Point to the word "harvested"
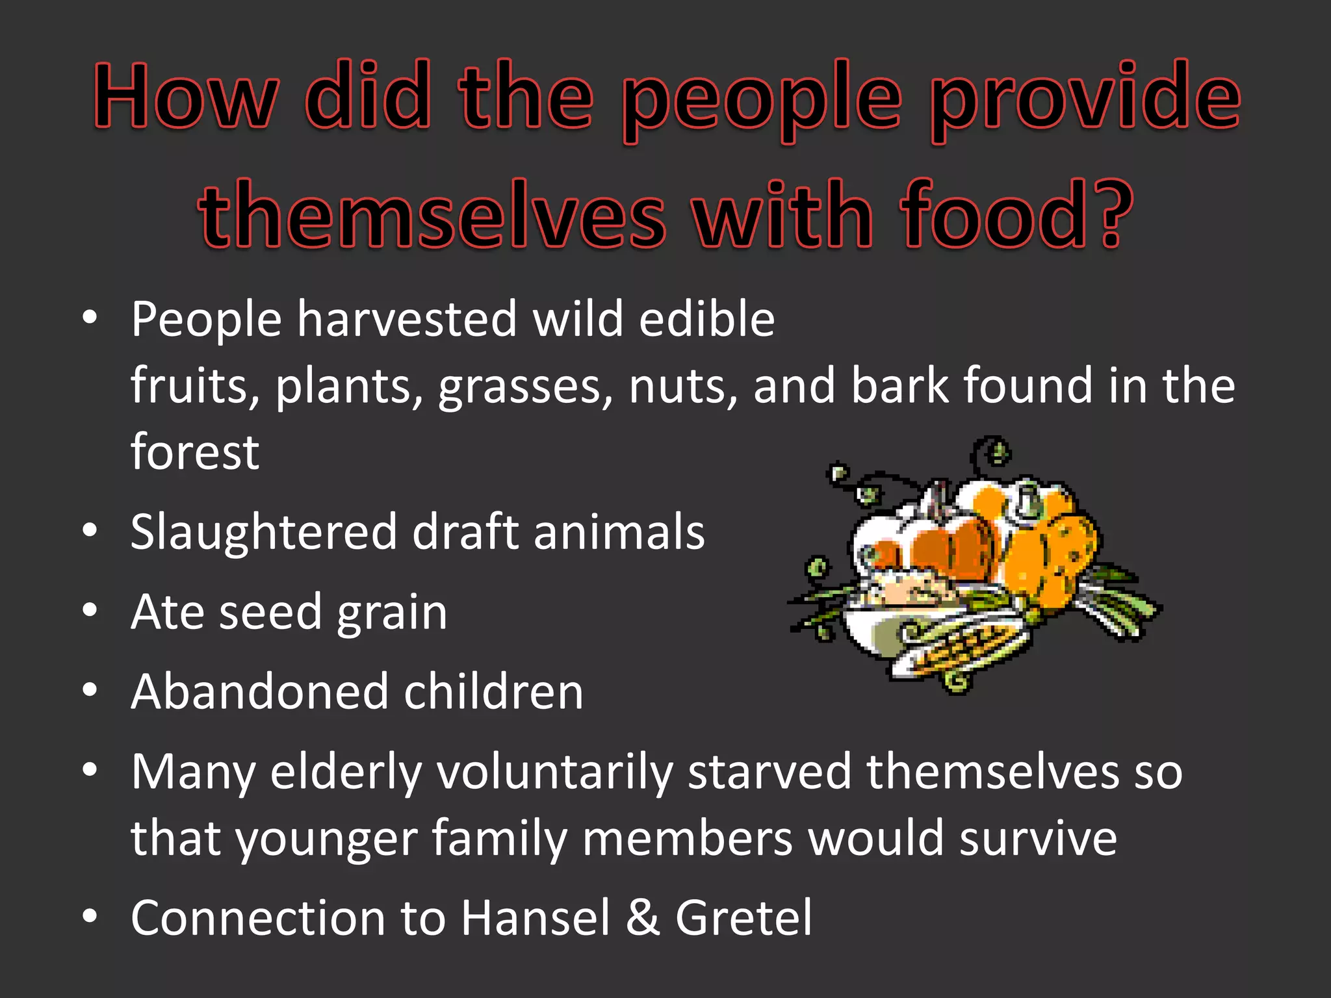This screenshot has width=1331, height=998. pos(407,319)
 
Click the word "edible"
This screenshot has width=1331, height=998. pos(706,319)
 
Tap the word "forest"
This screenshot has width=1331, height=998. pos(195,452)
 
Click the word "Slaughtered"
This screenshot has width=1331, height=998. pos(263,531)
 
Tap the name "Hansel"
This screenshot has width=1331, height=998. pos(536,917)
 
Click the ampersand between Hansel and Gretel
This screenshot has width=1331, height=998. pos(643,917)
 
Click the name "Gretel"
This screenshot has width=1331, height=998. pos(743,917)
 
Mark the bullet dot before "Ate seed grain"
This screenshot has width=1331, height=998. pos(90,610)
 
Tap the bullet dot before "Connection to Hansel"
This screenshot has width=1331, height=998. pos(90,915)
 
